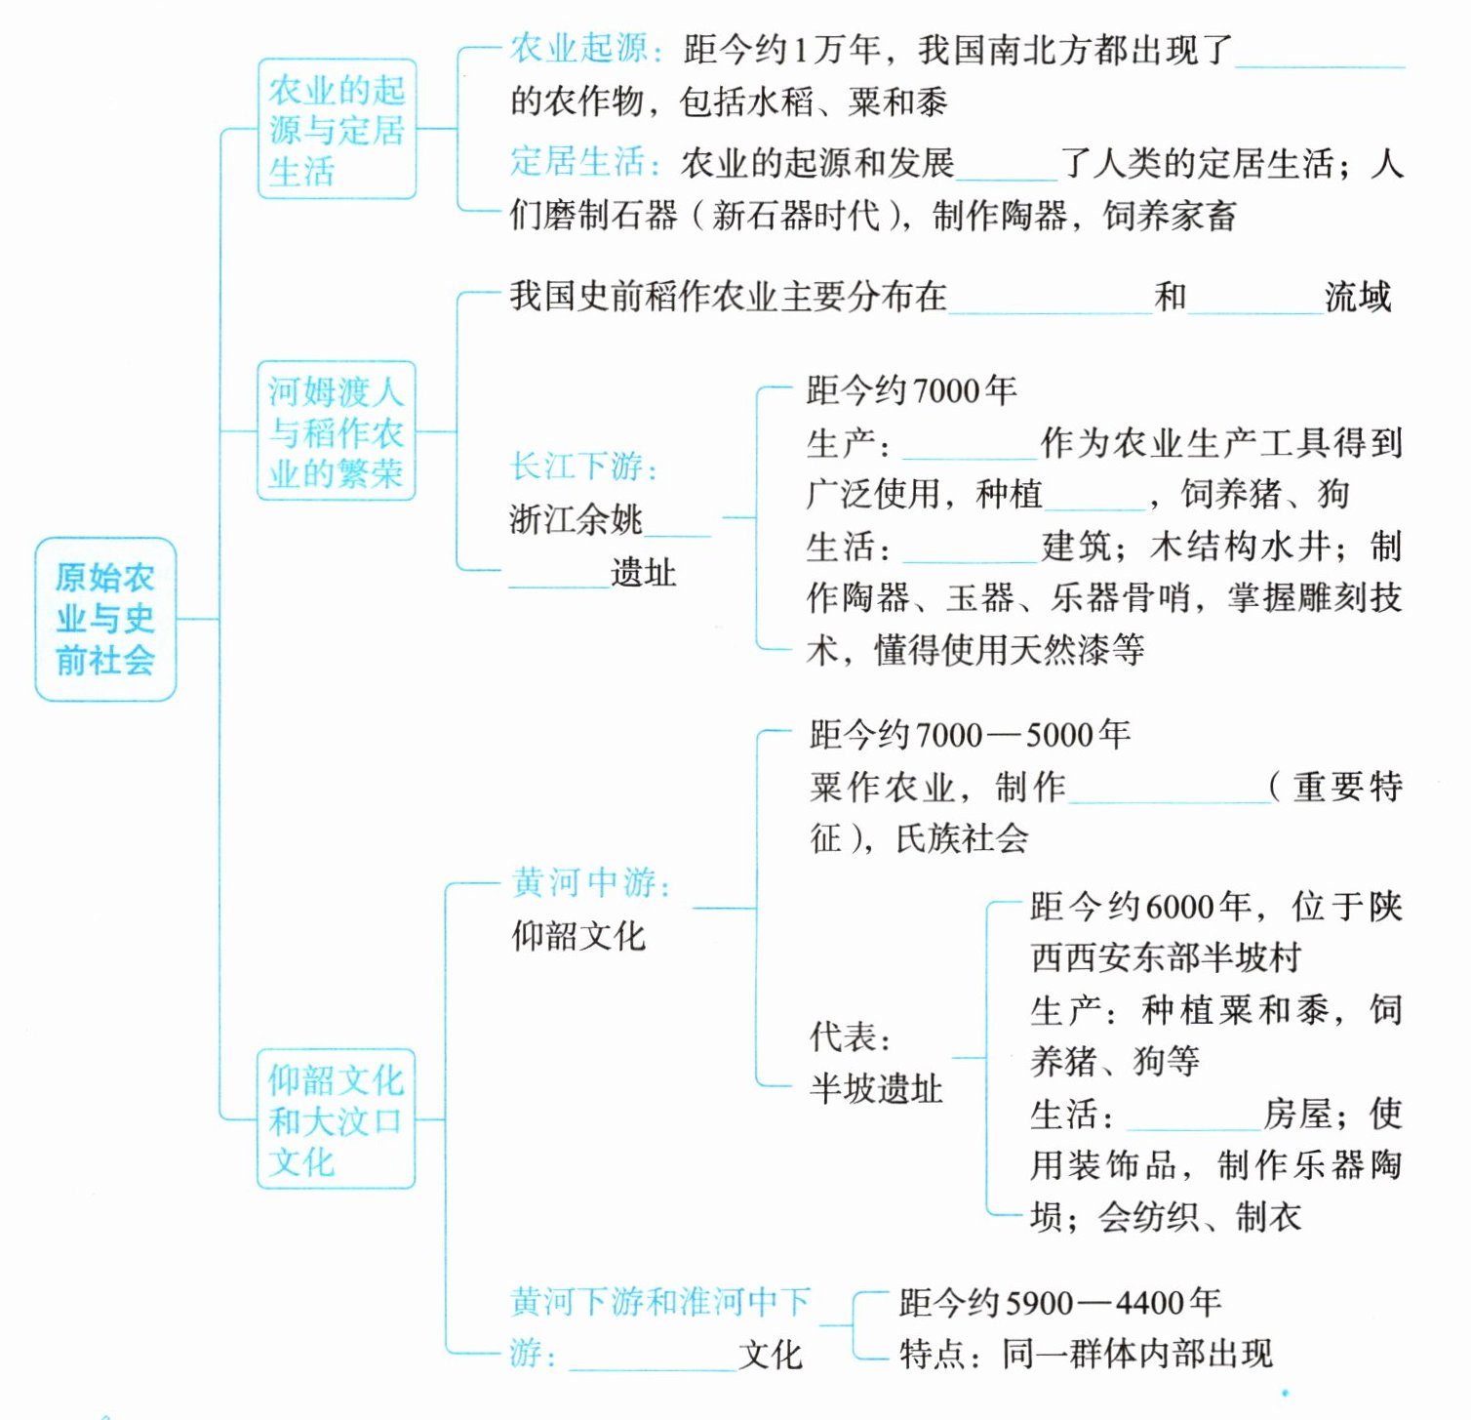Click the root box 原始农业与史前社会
click(105, 619)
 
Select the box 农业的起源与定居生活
click(337, 130)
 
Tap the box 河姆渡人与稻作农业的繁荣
click(337, 431)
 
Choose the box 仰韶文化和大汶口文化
click(337, 1119)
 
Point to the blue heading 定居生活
click(583, 162)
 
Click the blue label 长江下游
click(583, 467)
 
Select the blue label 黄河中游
click(590, 882)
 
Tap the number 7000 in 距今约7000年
click(945, 391)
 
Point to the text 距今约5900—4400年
click(1059, 1302)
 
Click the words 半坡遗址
click(876, 1088)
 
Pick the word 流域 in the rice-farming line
click(1358, 297)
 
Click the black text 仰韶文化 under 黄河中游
click(578, 936)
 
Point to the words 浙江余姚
click(576, 519)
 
